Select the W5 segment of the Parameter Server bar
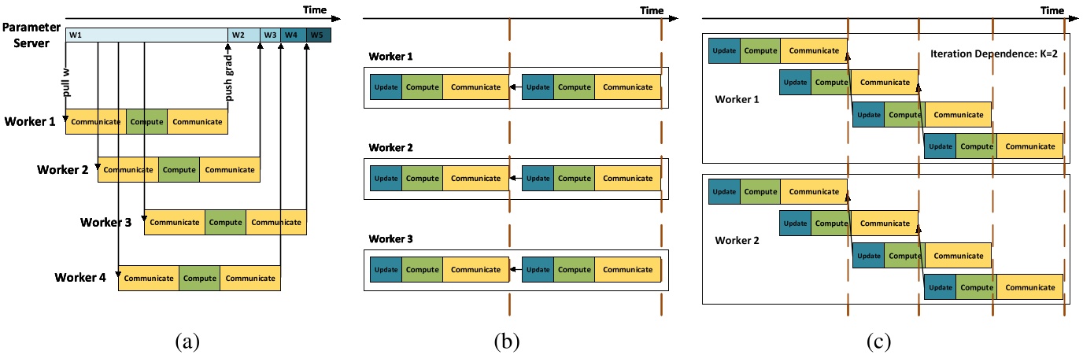click(x=319, y=35)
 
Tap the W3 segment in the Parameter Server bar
click(x=270, y=35)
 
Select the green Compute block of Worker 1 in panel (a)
click(x=146, y=122)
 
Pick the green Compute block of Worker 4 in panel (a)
click(x=199, y=278)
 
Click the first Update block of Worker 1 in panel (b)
click(x=386, y=87)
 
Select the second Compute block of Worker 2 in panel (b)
click(x=573, y=179)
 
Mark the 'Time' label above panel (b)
click(x=652, y=10)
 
